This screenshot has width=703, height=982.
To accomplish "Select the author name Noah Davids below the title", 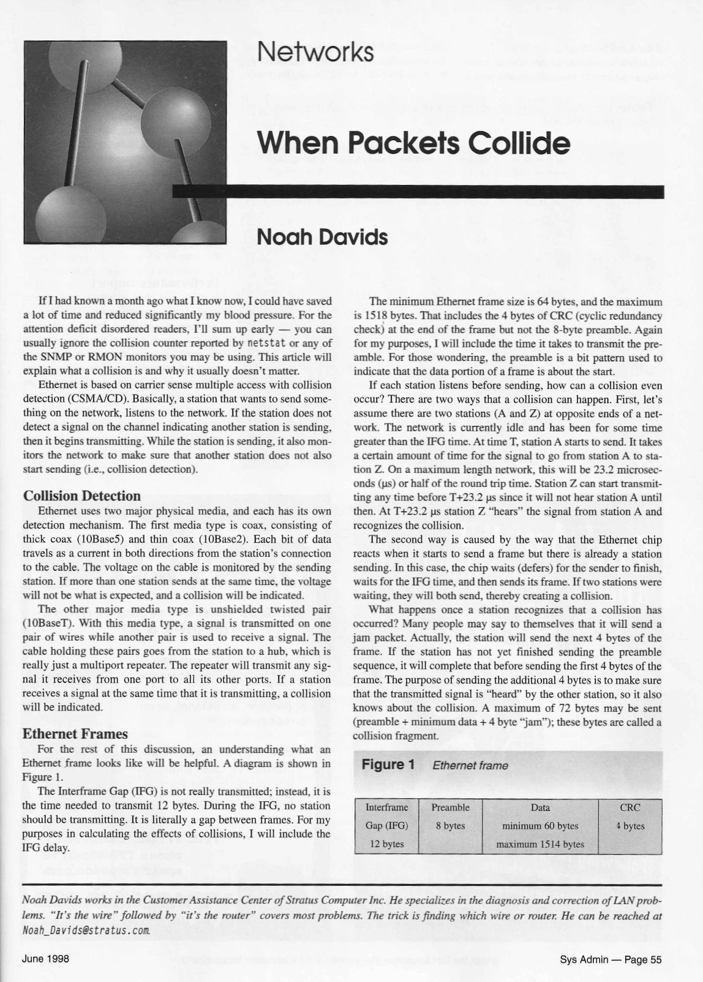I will pos(322,237).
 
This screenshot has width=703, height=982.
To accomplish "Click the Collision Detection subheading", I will pos(81,496).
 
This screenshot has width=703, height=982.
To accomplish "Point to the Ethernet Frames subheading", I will pos(75,734).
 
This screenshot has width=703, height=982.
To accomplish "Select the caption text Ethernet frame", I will pos(470,765).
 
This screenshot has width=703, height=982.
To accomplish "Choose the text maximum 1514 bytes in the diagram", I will pos(539,844).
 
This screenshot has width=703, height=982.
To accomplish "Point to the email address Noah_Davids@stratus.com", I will pos(86,931).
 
